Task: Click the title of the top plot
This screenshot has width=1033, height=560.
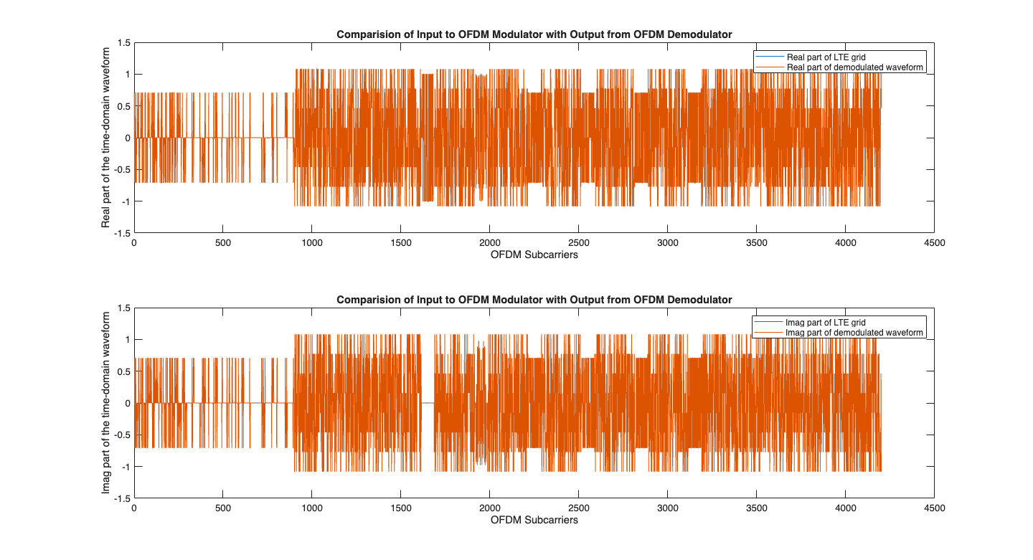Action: click(534, 35)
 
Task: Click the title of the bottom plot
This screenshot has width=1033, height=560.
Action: click(534, 300)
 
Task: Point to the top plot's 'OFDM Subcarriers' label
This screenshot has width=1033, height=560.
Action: click(534, 255)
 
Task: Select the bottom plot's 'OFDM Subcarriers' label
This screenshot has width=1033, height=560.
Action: click(534, 520)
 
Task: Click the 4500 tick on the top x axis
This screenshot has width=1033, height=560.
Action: click(934, 243)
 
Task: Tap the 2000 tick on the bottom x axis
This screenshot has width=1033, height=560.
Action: click(489, 508)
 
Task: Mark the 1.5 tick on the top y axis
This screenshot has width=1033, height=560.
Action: click(124, 43)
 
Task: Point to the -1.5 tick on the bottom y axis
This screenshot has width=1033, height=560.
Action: click(122, 498)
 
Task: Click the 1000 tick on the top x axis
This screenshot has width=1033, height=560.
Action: click(312, 243)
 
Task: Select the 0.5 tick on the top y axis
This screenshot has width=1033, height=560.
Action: click(124, 106)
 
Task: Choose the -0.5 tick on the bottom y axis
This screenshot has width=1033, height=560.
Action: click(122, 435)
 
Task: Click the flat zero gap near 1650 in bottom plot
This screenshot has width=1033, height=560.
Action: click(428, 403)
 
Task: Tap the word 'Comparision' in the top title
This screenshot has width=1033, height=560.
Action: click(365, 35)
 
